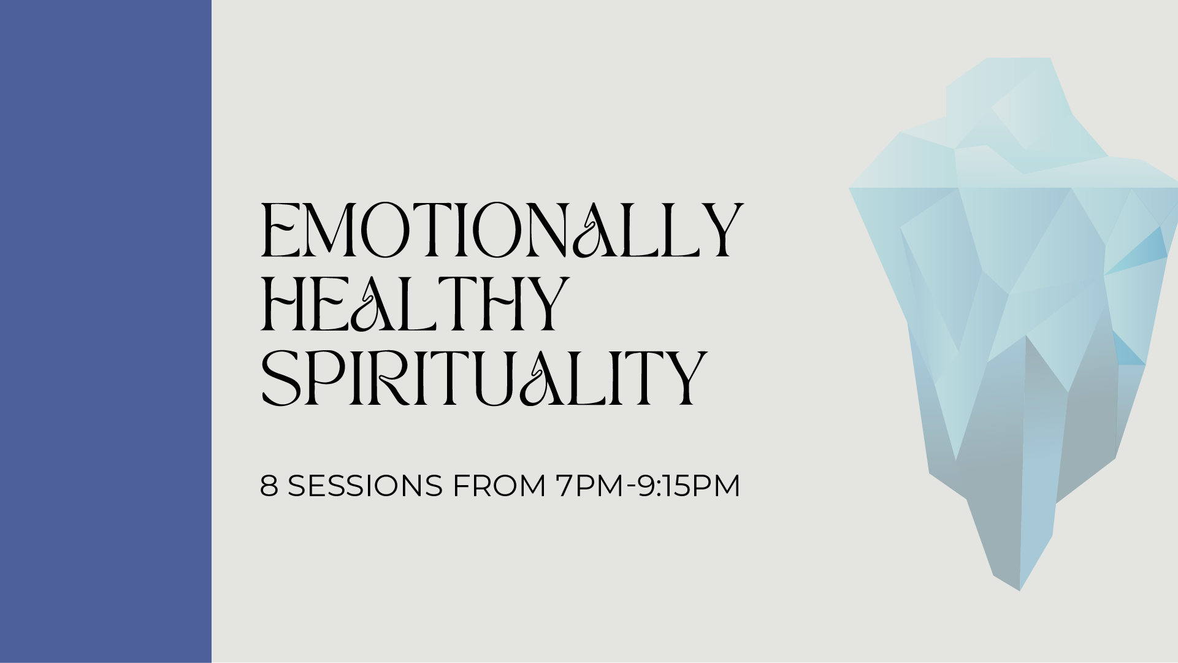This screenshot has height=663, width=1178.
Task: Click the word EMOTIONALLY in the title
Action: click(x=502, y=230)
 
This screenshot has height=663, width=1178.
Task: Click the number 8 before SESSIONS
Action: click(x=269, y=486)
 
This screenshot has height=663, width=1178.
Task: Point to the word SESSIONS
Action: click(x=365, y=486)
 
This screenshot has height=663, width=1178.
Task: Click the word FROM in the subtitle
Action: click(x=499, y=486)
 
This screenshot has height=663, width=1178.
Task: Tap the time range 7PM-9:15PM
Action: click(x=648, y=486)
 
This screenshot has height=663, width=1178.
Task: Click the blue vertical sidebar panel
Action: click(x=105, y=331)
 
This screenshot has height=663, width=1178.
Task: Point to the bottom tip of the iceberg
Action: click(x=1020, y=589)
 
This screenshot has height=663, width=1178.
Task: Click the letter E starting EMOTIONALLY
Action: click(x=279, y=230)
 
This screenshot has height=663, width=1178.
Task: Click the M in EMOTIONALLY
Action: click(x=331, y=230)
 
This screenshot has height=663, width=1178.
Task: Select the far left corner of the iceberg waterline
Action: click(x=851, y=189)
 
